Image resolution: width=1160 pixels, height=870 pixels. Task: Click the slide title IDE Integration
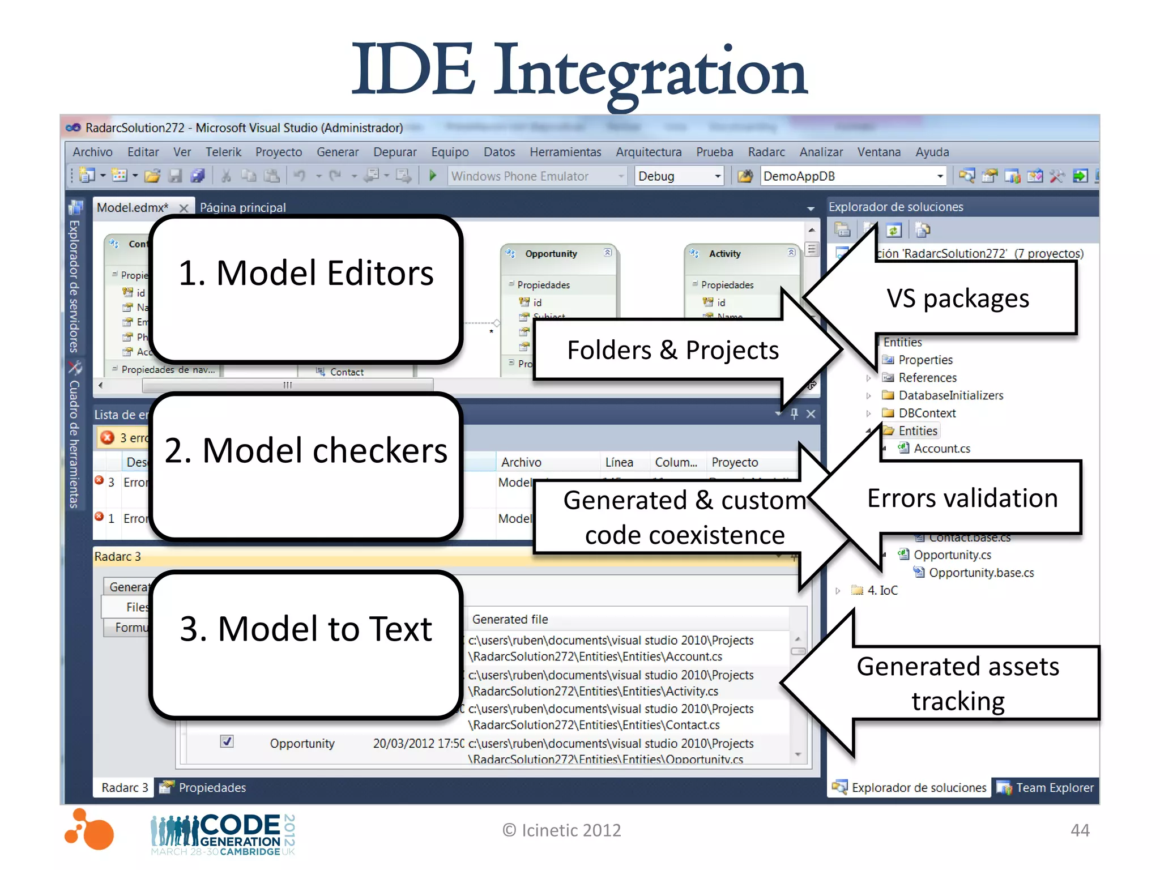[579, 71]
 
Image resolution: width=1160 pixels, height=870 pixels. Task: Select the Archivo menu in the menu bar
[92, 152]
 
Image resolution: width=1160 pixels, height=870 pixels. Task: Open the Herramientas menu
[565, 152]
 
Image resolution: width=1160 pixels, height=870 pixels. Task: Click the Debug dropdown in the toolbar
[678, 176]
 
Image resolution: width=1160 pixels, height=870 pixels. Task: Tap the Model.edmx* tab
[133, 207]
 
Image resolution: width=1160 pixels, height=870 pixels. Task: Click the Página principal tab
[242, 207]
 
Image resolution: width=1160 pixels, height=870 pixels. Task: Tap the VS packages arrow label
[957, 298]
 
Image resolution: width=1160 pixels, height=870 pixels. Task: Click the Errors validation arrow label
[962, 498]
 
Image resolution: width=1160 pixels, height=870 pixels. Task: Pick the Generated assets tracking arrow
[957, 683]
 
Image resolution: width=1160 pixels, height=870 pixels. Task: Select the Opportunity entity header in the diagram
[551, 254]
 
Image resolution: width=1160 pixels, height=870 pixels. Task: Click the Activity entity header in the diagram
[724, 254]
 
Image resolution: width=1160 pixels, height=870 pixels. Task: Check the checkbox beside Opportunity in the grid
[227, 741]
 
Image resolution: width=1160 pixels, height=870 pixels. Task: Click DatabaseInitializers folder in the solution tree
[950, 395]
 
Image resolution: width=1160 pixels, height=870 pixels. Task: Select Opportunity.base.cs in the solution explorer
[981, 573]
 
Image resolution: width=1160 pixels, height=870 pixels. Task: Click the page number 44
[1080, 830]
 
